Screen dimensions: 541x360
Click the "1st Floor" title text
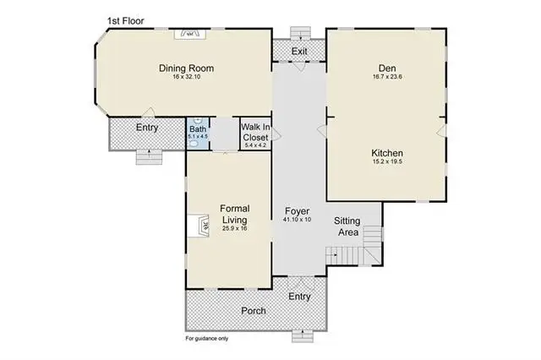(x=126, y=21)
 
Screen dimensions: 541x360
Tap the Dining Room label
(x=186, y=68)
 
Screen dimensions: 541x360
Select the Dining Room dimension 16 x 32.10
(x=187, y=77)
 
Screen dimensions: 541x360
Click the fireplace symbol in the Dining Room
(x=189, y=34)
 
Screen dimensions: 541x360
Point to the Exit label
(x=299, y=52)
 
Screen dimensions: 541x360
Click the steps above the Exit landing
(x=301, y=33)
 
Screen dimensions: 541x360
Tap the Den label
(x=387, y=68)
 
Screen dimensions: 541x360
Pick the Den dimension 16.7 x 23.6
(x=387, y=77)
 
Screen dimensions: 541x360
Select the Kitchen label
(x=387, y=153)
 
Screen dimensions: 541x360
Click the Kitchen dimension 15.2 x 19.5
(x=387, y=161)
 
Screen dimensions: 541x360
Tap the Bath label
(x=198, y=129)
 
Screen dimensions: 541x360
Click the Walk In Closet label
(x=255, y=132)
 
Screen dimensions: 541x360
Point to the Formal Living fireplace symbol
(x=199, y=226)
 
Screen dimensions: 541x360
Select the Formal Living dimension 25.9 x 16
(x=235, y=228)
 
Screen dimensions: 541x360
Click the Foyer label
(x=297, y=211)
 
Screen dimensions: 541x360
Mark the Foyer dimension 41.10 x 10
(x=297, y=220)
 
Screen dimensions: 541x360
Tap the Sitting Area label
(x=347, y=226)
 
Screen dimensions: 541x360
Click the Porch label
(x=254, y=311)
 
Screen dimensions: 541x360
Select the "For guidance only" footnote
(x=207, y=339)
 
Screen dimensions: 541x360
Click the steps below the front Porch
(x=303, y=336)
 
